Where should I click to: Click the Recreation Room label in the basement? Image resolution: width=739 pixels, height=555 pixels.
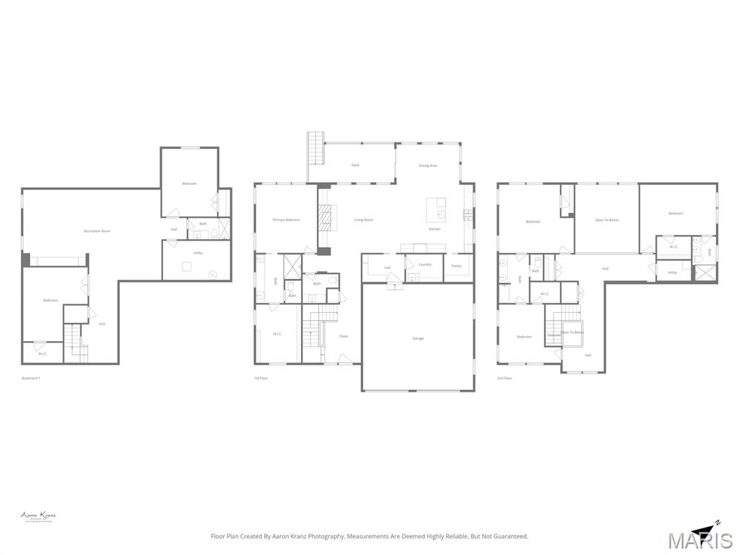(97, 231)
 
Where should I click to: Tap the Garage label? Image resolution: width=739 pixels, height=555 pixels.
(418, 338)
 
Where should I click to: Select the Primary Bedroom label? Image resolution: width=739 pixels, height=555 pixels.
(286, 220)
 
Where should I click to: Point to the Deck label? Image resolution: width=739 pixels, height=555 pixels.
(355, 165)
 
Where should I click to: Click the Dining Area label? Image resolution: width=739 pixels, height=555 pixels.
(428, 165)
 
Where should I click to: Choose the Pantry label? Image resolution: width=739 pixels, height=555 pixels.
(456, 266)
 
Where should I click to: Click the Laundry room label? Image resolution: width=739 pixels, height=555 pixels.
(424, 264)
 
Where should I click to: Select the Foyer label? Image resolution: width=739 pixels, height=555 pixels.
(344, 336)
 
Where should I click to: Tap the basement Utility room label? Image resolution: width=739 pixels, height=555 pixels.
(197, 253)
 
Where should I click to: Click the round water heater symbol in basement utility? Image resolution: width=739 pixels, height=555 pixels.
(212, 274)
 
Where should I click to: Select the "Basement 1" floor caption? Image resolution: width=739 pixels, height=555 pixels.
(31, 378)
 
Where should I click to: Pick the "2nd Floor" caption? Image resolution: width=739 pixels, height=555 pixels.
(504, 378)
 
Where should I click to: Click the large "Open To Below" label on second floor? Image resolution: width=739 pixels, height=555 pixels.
(605, 220)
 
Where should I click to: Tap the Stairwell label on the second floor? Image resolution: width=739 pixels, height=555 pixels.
(554, 335)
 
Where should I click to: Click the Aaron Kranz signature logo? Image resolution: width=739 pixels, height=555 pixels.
(38, 516)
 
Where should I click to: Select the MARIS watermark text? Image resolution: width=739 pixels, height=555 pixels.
(700, 541)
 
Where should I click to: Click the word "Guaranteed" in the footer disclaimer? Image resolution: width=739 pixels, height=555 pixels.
(510, 536)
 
